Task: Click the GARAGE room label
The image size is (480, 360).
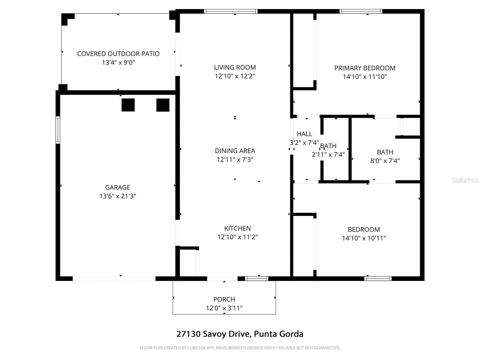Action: point(118,187)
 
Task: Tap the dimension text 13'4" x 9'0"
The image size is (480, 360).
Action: point(118,63)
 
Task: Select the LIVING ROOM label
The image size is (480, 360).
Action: point(235,67)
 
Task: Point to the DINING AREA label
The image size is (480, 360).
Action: point(235,151)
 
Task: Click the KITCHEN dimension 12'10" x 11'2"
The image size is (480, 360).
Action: point(238,237)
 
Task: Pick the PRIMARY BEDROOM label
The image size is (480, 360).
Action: point(365,68)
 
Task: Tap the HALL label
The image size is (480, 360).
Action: point(304,134)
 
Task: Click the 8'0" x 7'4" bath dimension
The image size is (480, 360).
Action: point(385,161)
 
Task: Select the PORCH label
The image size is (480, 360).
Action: point(224,299)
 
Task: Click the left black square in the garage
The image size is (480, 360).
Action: point(128,105)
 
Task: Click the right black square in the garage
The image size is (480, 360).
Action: point(163,105)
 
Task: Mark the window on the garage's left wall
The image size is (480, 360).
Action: point(58,130)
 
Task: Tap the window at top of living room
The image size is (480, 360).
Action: point(231,11)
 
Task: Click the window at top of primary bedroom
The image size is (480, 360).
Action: point(361,11)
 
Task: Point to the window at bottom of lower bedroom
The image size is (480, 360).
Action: point(378,278)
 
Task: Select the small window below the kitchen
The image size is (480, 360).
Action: point(256,278)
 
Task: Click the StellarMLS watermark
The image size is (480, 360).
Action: point(465,180)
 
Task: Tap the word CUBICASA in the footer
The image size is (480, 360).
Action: point(196,348)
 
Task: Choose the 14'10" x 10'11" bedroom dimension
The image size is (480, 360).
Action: point(364,238)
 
